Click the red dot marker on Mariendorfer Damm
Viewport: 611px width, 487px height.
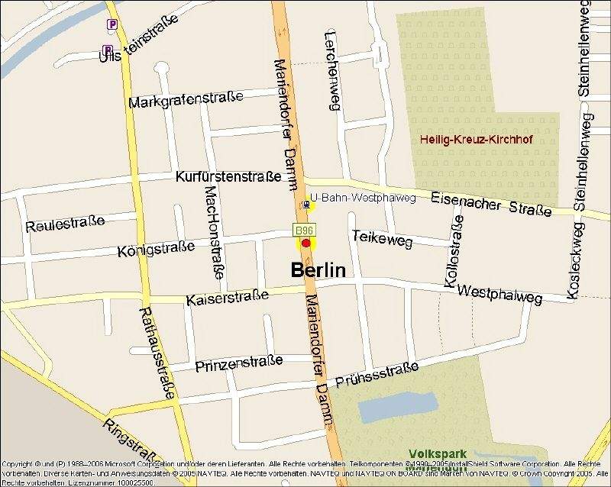(x=306, y=243)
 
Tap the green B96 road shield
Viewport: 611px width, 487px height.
(x=304, y=230)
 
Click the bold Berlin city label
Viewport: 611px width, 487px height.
(x=318, y=270)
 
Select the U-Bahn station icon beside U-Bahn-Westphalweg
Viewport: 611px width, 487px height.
(x=306, y=204)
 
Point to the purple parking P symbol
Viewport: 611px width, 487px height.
(x=112, y=24)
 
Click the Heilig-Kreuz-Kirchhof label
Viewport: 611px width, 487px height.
(x=476, y=140)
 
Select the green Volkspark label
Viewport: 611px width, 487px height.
(x=437, y=453)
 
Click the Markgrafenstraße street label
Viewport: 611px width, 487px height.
(x=186, y=99)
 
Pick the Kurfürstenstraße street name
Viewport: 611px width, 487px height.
(x=228, y=177)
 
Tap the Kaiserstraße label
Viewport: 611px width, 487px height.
(x=227, y=297)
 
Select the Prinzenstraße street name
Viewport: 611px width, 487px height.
(x=238, y=363)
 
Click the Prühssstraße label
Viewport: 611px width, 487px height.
(x=377, y=375)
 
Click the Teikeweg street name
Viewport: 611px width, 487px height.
(x=382, y=238)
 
